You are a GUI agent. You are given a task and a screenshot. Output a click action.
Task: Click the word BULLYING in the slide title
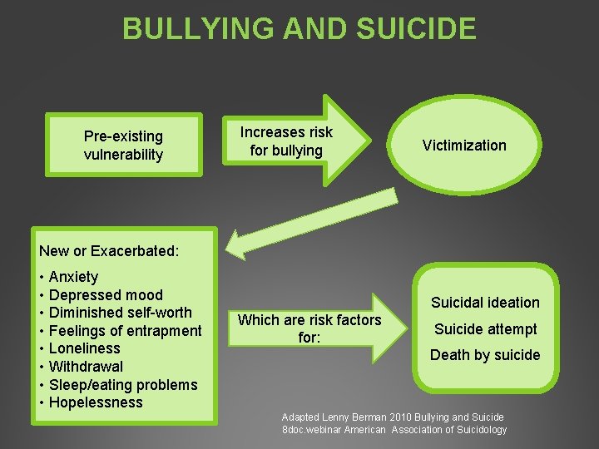[x=197, y=28]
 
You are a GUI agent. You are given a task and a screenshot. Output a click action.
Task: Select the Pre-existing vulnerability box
[x=123, y=145]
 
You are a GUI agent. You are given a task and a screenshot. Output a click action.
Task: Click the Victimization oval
[x=463, y=146]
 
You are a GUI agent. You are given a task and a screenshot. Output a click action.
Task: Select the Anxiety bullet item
[x=73, y=277]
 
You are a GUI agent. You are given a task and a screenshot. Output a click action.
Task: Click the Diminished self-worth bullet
[x=120, y=313]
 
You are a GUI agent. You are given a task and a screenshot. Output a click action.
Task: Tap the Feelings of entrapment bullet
[x=125, y=331]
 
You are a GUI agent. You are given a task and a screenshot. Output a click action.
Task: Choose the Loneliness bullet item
[x=84, y=348]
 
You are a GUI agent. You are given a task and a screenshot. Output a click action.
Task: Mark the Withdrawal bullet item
[x=86, y=367]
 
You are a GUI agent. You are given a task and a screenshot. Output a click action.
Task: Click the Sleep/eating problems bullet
[x=123, y=384]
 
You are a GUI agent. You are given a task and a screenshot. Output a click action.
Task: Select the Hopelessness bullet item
[x=96, y=402]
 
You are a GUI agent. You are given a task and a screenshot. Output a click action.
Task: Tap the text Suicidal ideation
[x=485, y=303]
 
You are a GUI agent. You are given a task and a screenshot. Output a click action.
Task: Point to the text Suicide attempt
[x=485, y=329]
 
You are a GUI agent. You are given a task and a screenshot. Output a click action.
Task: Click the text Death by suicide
[x=485, y=355]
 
